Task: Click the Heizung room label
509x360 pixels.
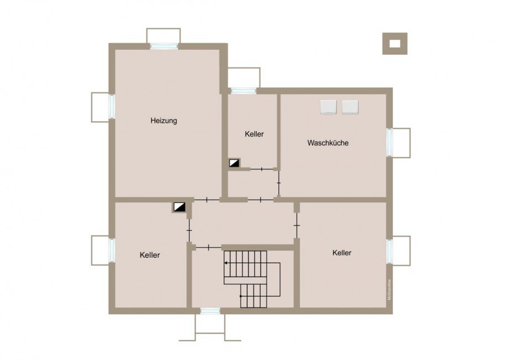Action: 164,121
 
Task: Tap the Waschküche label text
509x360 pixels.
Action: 328,143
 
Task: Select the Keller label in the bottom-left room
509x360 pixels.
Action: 150,255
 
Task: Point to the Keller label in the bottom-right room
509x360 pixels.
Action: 342,253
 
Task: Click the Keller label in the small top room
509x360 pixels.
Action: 254,134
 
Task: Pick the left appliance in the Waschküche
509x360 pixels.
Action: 329,107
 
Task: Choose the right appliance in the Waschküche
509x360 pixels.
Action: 350,107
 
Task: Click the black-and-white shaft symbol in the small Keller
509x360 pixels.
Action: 235,163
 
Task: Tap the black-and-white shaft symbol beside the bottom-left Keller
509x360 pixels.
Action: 179,207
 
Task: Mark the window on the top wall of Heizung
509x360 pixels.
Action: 164,46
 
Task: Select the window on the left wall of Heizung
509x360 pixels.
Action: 111,107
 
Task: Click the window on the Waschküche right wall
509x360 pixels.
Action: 389,143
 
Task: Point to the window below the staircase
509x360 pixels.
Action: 210,311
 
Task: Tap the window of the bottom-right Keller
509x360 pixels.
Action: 389,250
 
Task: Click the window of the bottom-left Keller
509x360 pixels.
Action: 111,250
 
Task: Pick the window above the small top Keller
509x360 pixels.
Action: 243,91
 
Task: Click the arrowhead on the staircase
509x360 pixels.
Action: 226,264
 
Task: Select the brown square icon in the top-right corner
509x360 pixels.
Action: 394,44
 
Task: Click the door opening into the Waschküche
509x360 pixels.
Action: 279,182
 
